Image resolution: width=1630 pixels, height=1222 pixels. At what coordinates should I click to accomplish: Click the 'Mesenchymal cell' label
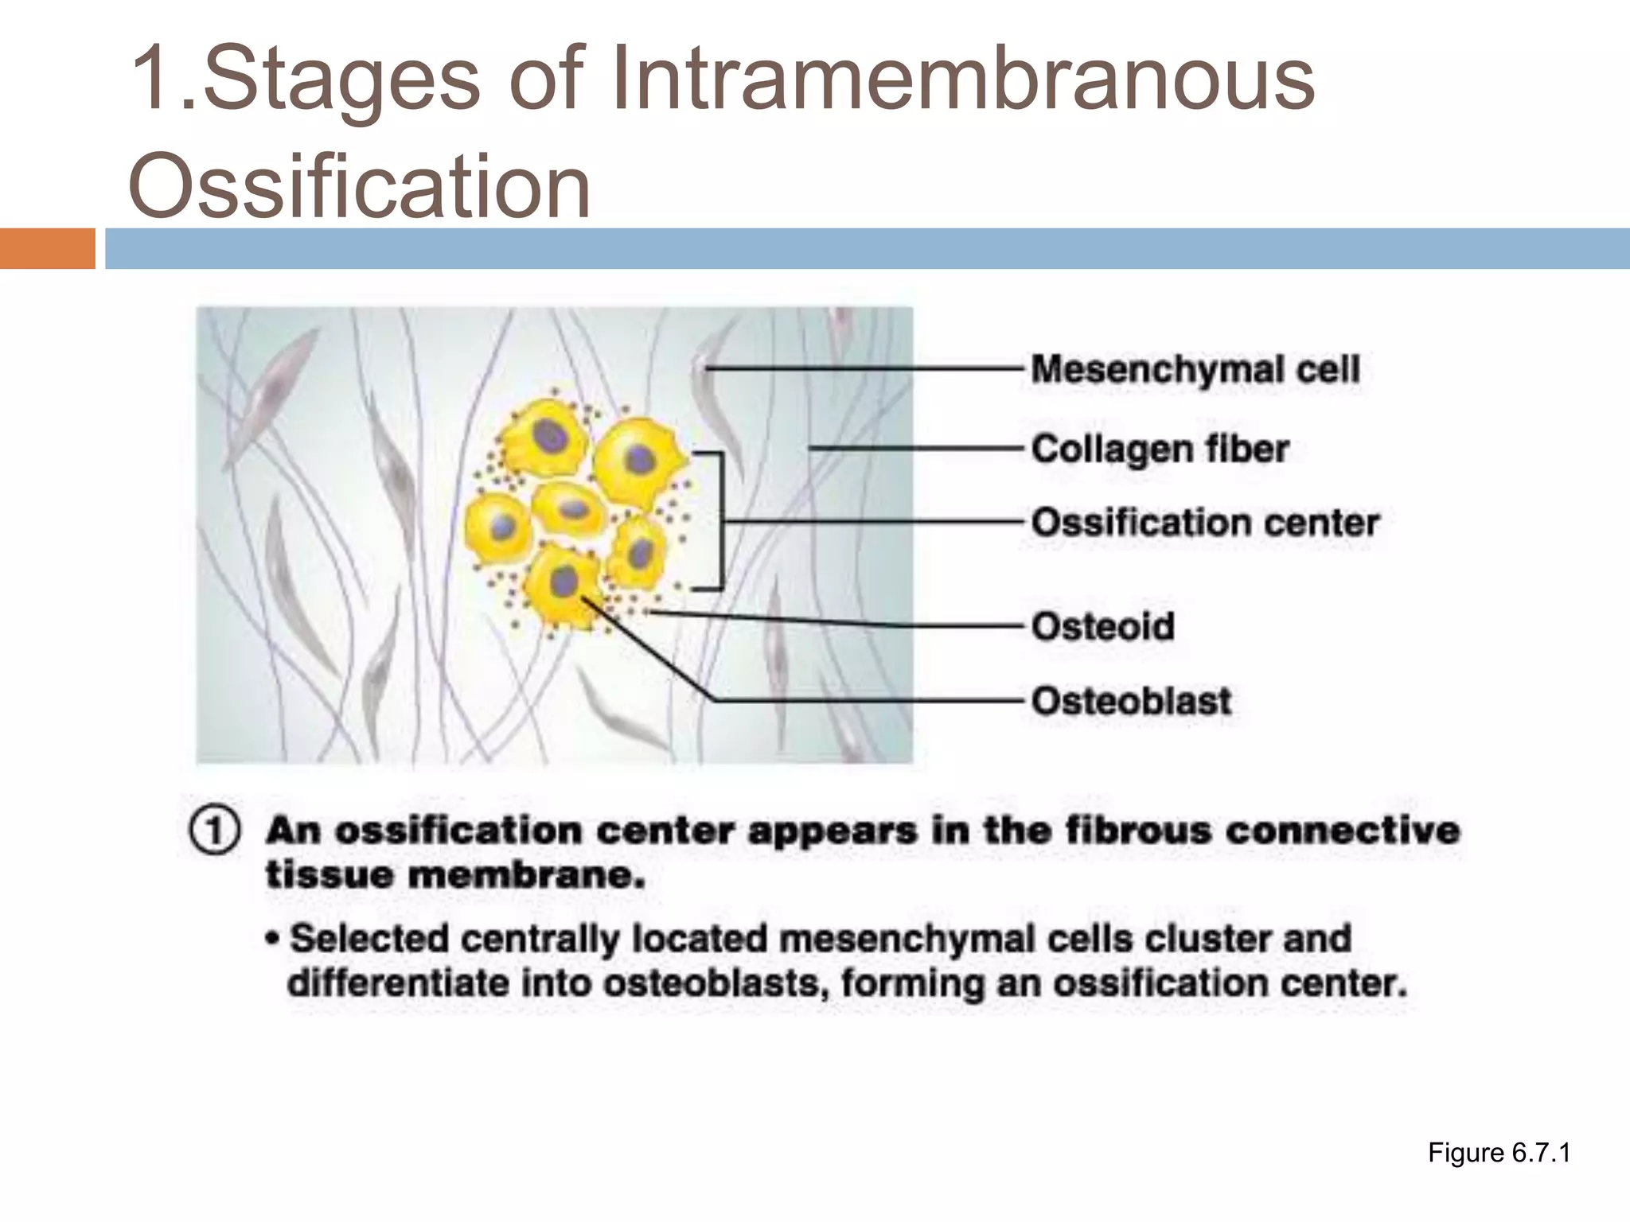pyautogui.click(x=1195, y=370)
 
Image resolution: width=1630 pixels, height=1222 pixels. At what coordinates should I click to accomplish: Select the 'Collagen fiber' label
pyautogui.click(x=1160, y=449)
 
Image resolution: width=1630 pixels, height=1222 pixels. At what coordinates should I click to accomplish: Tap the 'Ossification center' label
pyautogui.click(x=1204, y=523)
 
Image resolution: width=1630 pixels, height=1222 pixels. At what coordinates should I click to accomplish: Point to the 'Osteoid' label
pyautogui.click(x=1102, y=627)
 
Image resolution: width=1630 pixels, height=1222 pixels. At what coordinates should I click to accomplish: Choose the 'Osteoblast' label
pyautogui.click(x=1131, y=702)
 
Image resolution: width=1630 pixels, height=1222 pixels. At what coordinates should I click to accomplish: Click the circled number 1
pyautogui.click(x=214, y=832)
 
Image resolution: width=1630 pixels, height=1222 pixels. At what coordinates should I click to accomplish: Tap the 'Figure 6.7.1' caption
pyautogui.click(x=1499, y=1153)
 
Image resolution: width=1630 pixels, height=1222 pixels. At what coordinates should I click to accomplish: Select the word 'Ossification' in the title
pyautogui.click(x=359, y=187)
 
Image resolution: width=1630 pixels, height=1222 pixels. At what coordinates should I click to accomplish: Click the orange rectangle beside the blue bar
pyautogui.click(x=47, y=248)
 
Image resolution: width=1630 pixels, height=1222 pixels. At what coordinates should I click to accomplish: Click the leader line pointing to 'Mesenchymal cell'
pyautogui.click(x=864, y=368)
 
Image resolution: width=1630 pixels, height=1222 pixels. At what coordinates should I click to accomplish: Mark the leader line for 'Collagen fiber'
pyautogui.click(x=915, y=449)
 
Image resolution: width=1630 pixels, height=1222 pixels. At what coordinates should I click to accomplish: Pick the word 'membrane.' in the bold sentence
pyautogui.click(x=525, y=876)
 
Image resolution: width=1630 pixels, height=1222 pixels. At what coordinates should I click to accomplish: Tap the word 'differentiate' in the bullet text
pyautogui.click(x=398, y=984)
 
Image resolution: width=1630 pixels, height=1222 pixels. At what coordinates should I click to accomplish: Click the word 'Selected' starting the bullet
pyautogui.click(x=369, y=939)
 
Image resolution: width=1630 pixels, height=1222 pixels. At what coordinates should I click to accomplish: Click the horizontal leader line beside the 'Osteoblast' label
pyautogui.click(x=868, y=701)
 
